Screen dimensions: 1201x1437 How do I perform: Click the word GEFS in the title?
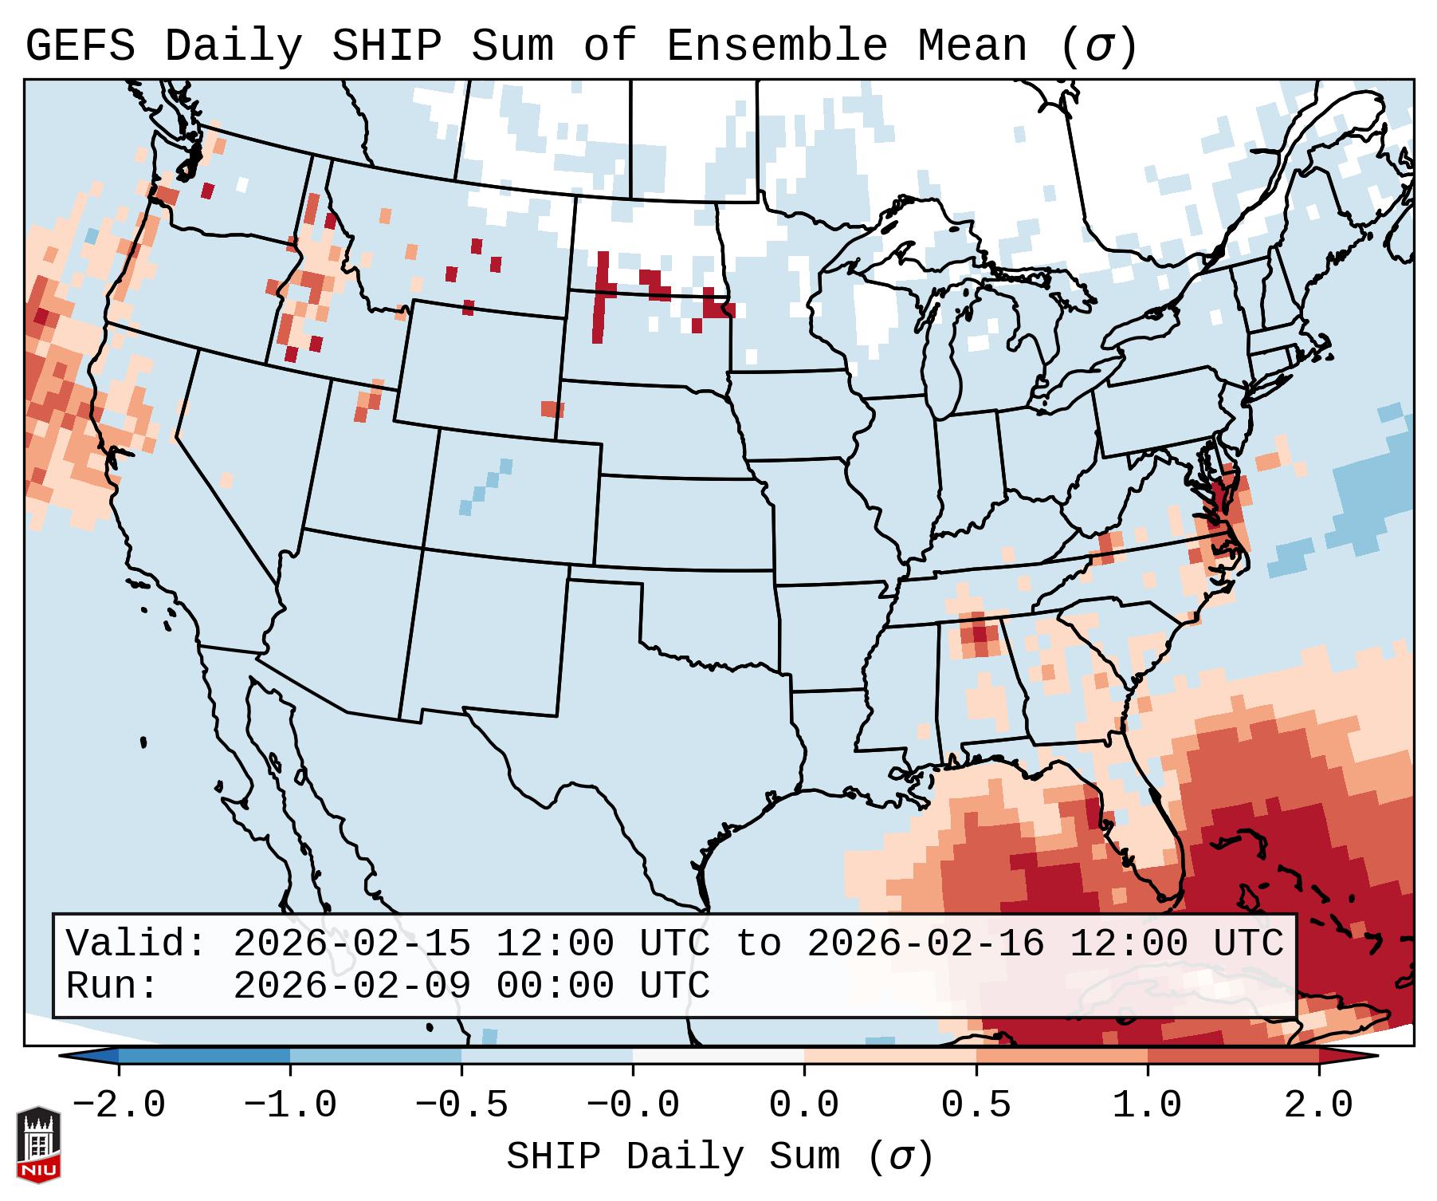point(80,46)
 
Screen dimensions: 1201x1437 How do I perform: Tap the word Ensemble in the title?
point(776,46)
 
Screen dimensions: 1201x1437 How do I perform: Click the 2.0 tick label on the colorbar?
point(1318,1105)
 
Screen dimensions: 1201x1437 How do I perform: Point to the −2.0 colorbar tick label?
point(119,1105)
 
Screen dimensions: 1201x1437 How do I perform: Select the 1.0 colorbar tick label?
point(1147,1105)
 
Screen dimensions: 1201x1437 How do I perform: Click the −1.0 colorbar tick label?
point(290,1105)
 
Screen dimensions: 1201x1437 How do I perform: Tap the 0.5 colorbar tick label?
point(976,1105)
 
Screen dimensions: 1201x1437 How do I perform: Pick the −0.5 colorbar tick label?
point(461,1105)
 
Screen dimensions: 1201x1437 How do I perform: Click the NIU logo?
point(38,1144)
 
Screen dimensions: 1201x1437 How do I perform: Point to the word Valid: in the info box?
point(136,944)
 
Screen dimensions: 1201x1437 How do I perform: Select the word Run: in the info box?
point(112,986)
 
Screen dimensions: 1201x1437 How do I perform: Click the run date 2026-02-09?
point(351,986)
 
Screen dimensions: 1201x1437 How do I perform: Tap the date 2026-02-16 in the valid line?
point(925,944)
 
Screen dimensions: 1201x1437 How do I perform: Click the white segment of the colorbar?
point(718,1056)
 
